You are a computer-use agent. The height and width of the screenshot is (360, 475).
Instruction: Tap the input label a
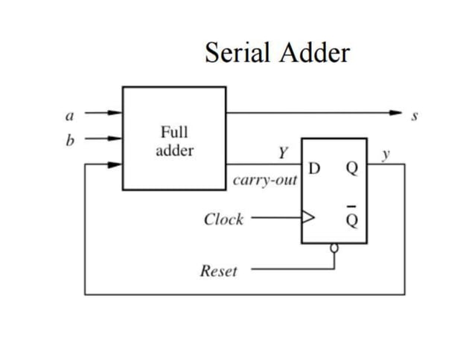69,115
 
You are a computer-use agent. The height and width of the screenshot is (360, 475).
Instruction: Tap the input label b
69,138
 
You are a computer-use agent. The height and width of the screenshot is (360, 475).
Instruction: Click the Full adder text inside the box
174,141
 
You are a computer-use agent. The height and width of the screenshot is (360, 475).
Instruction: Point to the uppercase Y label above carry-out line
282,153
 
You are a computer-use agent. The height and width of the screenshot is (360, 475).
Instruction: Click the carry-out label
264,181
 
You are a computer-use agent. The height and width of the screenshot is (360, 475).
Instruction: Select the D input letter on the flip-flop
314,167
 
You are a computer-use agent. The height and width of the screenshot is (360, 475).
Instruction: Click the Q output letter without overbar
353,167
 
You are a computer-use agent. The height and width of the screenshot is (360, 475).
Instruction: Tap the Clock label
223,219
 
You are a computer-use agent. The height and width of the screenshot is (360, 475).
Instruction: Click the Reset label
219,271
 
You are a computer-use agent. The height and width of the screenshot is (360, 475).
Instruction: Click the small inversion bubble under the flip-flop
335,248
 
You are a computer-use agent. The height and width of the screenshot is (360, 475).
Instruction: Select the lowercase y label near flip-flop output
385,155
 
